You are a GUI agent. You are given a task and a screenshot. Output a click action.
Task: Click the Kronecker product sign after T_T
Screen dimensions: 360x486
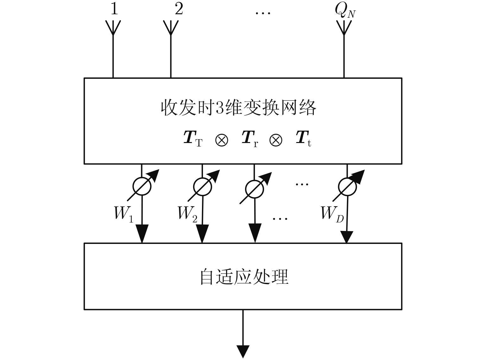coord(222,140)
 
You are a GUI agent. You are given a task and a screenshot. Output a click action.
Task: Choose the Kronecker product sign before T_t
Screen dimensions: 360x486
coord(276,140)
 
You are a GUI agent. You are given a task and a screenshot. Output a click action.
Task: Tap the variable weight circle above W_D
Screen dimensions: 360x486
coord(347,186)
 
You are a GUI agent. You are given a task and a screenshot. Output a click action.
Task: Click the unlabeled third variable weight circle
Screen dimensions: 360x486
coord(254,189)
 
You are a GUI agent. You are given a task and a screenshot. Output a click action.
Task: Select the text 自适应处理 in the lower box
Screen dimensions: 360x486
coord(244,277)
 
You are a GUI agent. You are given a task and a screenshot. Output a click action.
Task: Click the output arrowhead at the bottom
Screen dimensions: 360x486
coord(243,351)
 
